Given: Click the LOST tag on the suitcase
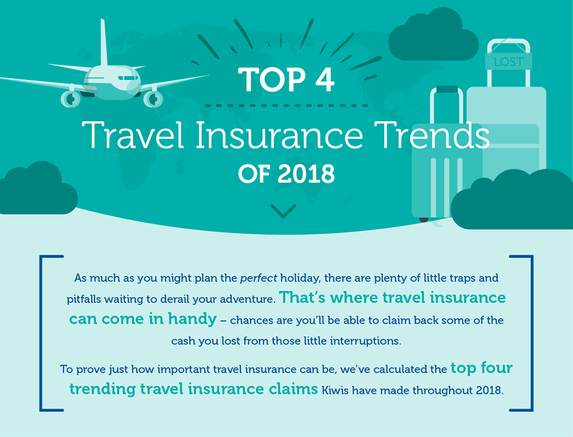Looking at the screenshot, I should coord(508,62).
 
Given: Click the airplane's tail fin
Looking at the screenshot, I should coord(104,43).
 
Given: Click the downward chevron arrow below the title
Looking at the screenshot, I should coord(283,211).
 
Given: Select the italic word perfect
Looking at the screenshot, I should coord(259,278).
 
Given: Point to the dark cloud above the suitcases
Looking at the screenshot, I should coord(433,36).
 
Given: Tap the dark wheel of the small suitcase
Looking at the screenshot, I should coord(424,220).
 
